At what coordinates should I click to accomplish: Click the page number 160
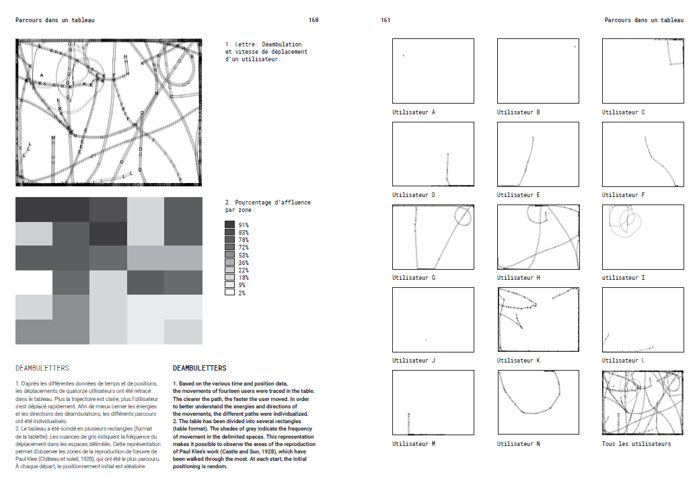314,20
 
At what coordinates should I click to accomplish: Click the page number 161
385,20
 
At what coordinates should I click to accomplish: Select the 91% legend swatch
229,225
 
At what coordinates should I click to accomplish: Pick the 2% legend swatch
229,293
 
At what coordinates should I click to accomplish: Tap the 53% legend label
244,255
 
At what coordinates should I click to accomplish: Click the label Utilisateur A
414,112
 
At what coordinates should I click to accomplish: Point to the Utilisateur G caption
414,278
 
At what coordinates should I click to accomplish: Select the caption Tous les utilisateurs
636,444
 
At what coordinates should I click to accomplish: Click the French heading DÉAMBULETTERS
42,369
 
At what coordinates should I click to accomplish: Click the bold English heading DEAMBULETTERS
199,369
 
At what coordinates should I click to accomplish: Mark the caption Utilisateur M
414,444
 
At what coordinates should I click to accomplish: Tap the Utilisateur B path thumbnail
538,71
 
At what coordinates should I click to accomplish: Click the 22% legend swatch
229,270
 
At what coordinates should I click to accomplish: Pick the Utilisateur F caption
624,195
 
